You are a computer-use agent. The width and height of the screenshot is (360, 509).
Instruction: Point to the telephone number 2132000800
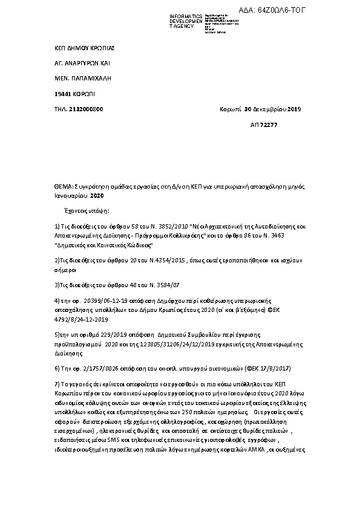pyautogui.click(x=87, y=109)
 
